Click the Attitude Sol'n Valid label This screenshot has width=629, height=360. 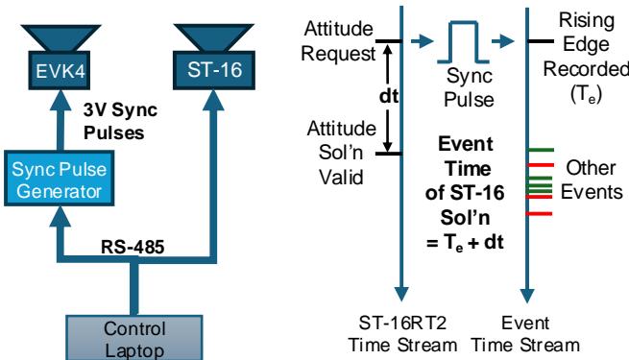coord(337,153)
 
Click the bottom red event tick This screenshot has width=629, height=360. coord(542,213)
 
